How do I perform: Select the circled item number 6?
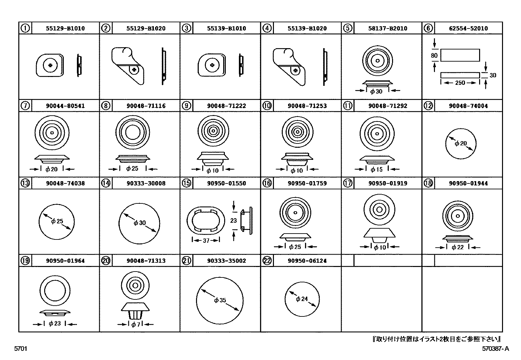pos(428,28)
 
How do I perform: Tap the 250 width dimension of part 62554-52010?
pos(460,83)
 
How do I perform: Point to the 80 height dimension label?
pos(434,56)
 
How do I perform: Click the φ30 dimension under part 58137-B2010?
pos(376,91)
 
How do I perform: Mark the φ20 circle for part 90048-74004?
pos(461,143)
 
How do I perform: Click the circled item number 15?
pos(186,183)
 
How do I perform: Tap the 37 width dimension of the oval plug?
pos(206,240)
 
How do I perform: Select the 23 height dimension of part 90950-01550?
pos(233,220)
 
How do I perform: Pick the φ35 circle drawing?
pos(220,300)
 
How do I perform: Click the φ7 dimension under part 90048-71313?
pos(135,324)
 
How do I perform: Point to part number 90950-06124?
pos(307,261)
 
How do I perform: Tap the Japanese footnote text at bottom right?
pos(437,339)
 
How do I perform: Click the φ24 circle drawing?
pos(302,299)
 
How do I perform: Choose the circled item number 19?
pos(25,261)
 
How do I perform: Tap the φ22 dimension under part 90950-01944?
pos(458,247)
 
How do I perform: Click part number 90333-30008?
pos(146,183)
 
